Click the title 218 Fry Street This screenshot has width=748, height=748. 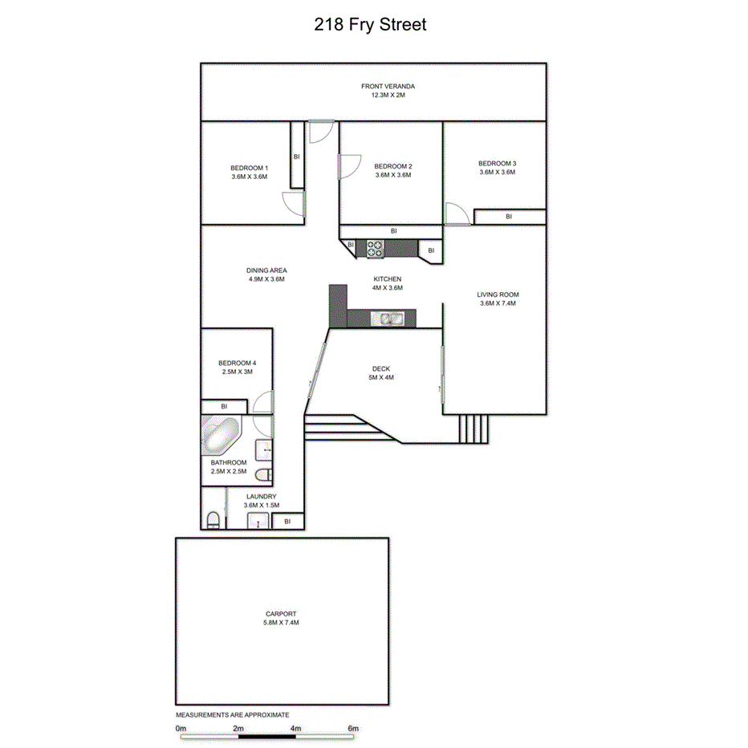(370, 25)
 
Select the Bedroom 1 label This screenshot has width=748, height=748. (249, 168)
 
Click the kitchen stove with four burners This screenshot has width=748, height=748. (375, 249)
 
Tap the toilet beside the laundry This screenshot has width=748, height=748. (212, 520)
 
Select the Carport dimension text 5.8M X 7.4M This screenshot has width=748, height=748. (281, 623)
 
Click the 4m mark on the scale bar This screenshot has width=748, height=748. (296, 729)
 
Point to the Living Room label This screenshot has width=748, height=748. (498, 295)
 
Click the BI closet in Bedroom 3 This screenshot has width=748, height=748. (509, 217)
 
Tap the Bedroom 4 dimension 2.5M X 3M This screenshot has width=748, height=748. (237, 372)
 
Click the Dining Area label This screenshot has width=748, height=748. (266, 270)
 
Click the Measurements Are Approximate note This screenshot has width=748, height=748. (233, 714)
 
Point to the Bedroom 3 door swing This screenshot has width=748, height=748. (457, 214)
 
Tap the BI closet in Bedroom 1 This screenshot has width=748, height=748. (297, 157)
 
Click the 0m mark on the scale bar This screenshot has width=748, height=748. (181, 729)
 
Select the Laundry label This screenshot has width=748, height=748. (262, 497)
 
